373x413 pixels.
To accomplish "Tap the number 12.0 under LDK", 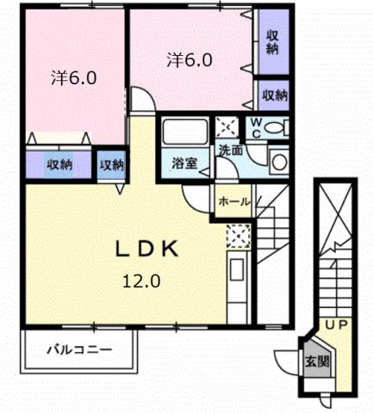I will (x=142, y=280).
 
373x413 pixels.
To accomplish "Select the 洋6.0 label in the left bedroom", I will (x=73, y=78).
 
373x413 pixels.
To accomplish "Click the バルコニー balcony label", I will (x=79, y=351).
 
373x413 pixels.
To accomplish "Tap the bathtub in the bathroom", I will (x=184, y=134).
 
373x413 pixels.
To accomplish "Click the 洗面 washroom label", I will (x=229, y=150).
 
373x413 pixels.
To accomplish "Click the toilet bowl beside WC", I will (x=275, y=128).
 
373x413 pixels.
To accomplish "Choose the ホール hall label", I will (x=233, y=200).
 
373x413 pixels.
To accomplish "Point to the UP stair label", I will (x=334, y=325).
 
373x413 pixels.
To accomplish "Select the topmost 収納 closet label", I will (x=272, y=41).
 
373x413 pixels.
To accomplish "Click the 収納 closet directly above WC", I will (x=273, y=95).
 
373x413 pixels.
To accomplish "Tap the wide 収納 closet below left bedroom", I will (x=59, y=163).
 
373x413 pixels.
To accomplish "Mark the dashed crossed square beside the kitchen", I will (x=238, y=234).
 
